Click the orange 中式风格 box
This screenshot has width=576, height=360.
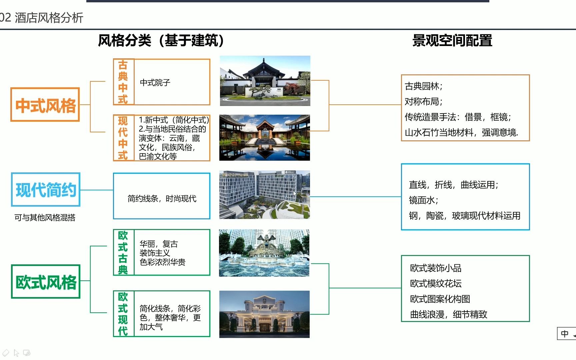[45, 105]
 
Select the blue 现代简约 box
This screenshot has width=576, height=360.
[46, 189]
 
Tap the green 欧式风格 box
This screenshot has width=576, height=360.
[46, 281]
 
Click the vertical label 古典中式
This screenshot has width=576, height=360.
[123, 82]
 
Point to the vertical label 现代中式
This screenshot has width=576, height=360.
[123, 138]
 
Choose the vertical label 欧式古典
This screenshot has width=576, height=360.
[123, 252]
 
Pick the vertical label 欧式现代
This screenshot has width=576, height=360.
[123, 314]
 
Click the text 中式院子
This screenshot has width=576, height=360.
[155, 82]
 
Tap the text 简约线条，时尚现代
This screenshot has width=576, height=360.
[162, 199]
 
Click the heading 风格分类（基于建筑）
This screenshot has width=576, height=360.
[161, 41]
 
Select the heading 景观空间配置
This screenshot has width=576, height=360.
[452, 41]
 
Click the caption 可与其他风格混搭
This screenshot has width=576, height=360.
[45, 218]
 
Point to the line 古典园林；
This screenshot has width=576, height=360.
[423, 86]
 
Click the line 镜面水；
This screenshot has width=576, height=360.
[423, 200]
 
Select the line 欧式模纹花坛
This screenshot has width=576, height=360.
[436, 284]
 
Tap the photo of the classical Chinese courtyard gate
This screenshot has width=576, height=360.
[265, 81]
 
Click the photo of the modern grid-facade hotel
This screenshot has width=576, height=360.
[264, 195]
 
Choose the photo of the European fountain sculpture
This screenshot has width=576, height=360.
[264, 253]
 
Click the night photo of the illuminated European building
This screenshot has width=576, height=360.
[264, 314]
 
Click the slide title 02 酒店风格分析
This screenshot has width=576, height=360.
[42, 18]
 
